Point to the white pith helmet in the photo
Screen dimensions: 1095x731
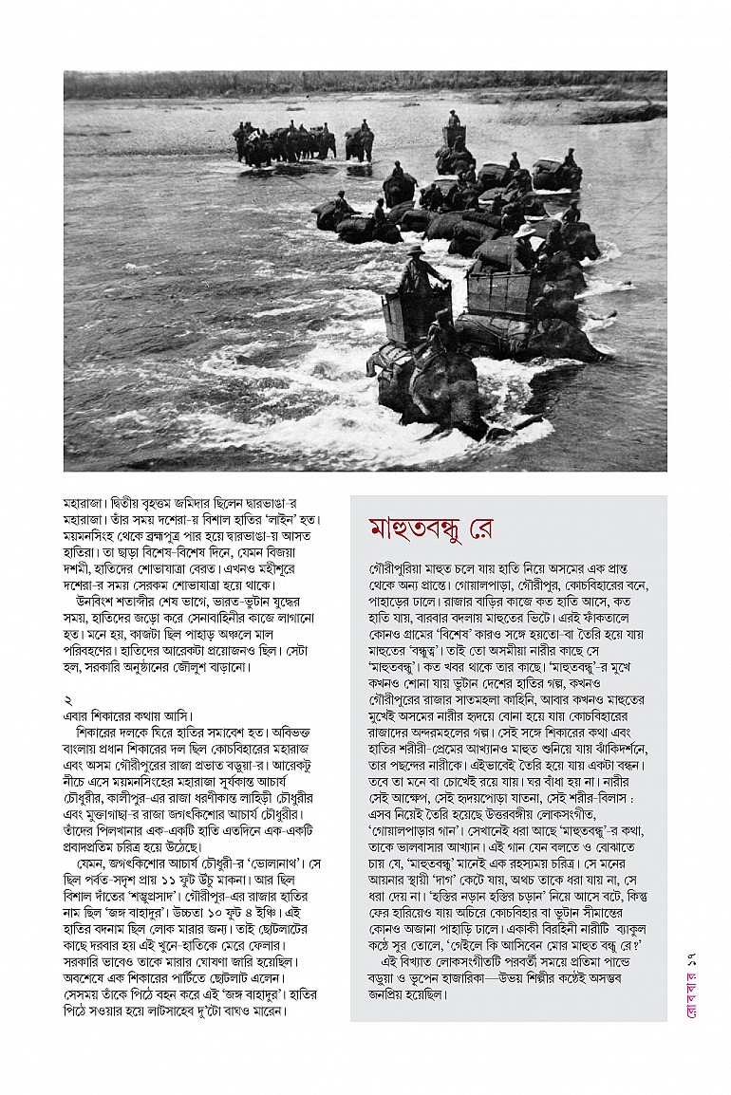(x=522, y=231)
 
